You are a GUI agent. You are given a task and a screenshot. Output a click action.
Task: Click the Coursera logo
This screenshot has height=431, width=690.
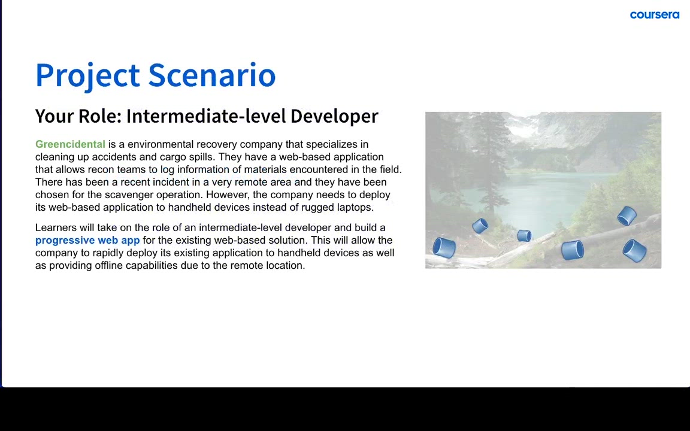[x=654, y=15]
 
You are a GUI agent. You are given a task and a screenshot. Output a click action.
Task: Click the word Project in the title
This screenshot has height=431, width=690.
[x=87, y=75]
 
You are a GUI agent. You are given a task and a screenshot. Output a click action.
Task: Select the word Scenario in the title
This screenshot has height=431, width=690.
[x=212, y=75]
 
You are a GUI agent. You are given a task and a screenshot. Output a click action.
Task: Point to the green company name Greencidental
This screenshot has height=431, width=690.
[x=71, y=144]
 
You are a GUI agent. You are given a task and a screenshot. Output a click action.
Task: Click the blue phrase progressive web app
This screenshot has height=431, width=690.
[x=87, y=241]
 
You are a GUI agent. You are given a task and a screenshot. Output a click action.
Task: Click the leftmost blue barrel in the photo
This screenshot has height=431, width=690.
[x=444, y=247]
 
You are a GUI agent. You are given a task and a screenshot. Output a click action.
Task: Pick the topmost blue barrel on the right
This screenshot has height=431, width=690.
[x=627, y=216]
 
